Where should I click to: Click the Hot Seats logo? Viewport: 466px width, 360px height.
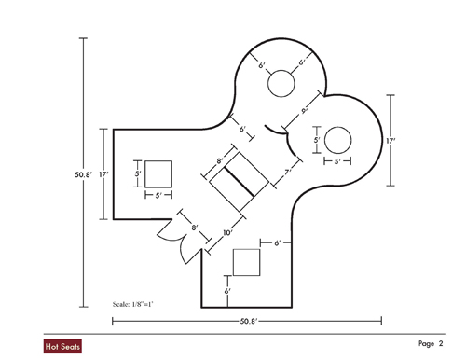pyautogui.click(x=62, y=346)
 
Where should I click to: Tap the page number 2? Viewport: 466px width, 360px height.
pyautogui.click(x=441, y=343)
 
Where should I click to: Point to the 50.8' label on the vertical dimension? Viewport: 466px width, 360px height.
pyautogui.click(x=83, y=174)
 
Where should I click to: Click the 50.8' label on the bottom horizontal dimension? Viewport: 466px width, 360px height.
pyautogui.click(x=249, y=321)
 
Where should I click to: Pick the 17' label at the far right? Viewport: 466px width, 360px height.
pyautogui.click(x=391, y=141)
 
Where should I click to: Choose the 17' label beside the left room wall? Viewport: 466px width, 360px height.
pyautogui.click(x=103, y=174)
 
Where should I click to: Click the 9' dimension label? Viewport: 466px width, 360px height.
pyautogui.click(x=304, y=110)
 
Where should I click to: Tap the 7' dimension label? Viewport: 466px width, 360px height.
pyautogui.click(x=287, y=172)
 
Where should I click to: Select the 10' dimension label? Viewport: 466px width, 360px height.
pyautogui.click(x=227, y=232)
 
